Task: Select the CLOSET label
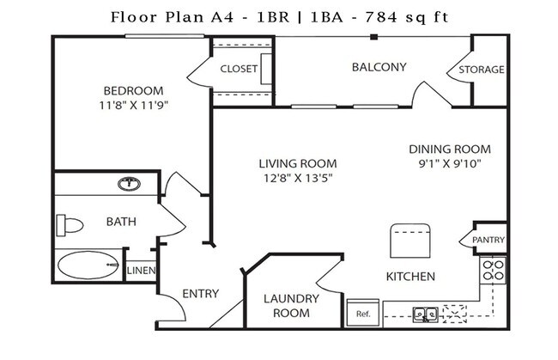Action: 239,69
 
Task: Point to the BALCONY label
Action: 379,67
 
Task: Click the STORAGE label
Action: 481,70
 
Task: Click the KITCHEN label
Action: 410,277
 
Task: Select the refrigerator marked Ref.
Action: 362,313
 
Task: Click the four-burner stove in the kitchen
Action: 493,271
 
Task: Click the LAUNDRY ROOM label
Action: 291,306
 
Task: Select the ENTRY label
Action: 201,294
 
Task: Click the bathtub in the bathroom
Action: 88,265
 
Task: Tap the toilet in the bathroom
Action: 70,226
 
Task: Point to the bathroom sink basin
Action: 129,183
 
